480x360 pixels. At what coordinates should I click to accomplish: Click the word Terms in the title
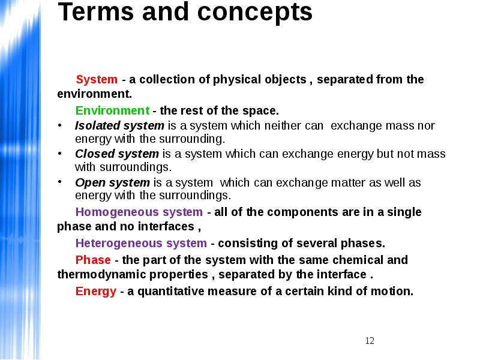coord(96,11)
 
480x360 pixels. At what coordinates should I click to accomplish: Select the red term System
coord(97,80)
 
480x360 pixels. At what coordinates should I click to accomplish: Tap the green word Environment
coord(112,110)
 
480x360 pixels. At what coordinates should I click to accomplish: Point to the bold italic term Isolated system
coord(119,126)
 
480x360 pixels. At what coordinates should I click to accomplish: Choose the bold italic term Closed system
coord(117,154)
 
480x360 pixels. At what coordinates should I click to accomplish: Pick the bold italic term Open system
coord(112,183)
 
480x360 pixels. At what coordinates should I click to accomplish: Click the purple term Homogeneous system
coord(139,212)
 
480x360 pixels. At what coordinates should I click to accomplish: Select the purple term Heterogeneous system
coord(141,244)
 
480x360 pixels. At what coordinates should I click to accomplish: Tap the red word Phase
coord(93,260)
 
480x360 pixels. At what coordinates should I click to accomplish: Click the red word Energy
coord(96,291)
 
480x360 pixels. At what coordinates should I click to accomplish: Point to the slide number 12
coord(370,341)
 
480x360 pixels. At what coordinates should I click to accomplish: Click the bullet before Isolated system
coord(60,125)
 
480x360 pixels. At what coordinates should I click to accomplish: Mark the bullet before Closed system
coord(60,154)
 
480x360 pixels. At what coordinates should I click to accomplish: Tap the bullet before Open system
coord(60,182)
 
